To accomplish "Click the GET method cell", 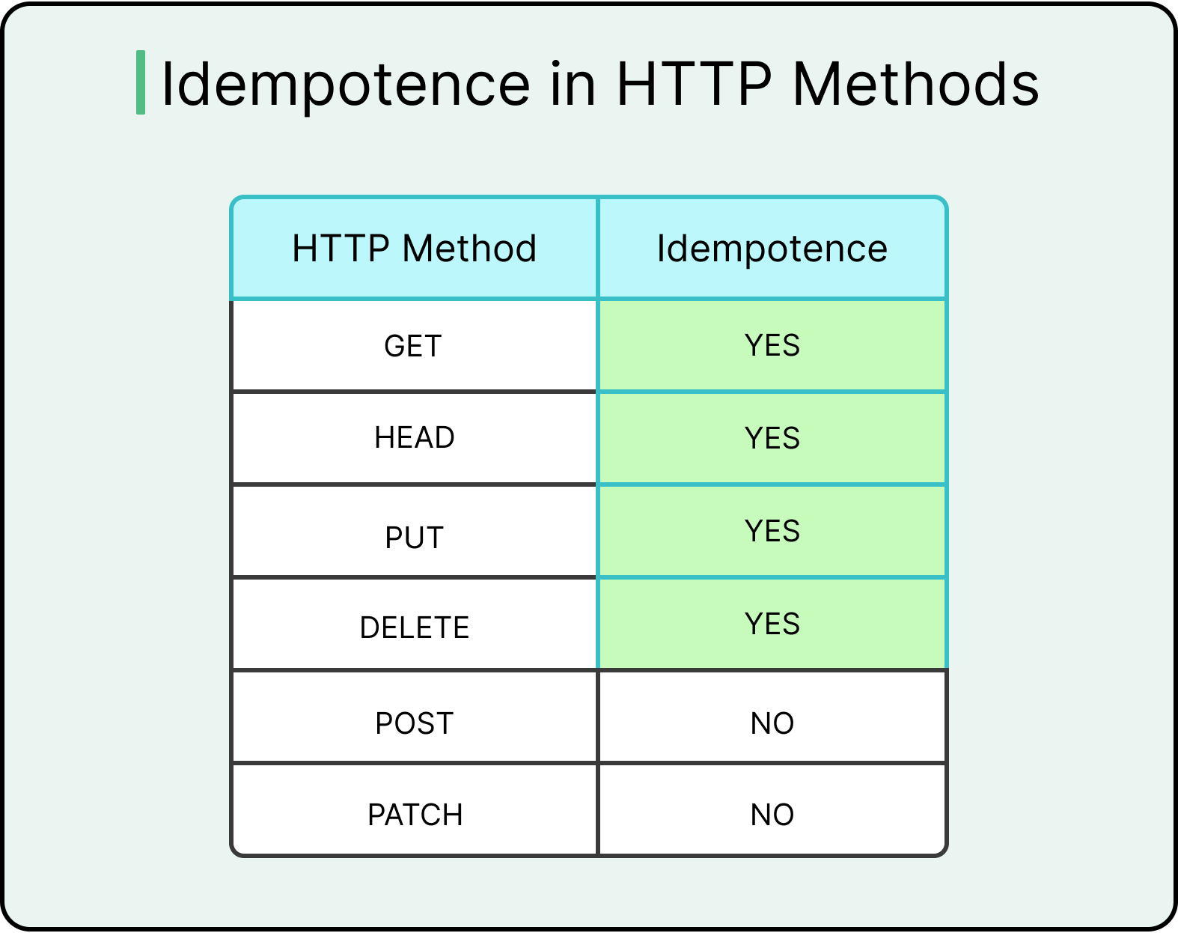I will pyautogui.click(x=413, y=346).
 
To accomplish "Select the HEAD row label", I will pyautogui.click(x=414, y=438).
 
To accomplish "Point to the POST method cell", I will pyautogui.click(x=414, y=723).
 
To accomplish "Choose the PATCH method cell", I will pyautogui.click(x=415, y=815).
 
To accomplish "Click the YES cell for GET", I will pyautogui.click(x=772, y=346).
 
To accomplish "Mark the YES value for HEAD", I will pyautogui.click(x=772, y=438).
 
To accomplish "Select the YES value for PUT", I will pyautogui.click(x=772, y=531).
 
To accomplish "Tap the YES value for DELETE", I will pyautogui.click(x=772, y=624).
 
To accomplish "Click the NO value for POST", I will pyautogui.click(x=772, y=723).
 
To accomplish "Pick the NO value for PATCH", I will pyautogui.click(x=772, y=815).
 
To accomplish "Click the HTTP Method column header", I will pyautogui.click(x=414, y=249).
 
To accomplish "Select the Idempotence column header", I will pyautogui.click(x=772, y=249).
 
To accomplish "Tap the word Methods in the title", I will pyautogui.click(x=915, y=84).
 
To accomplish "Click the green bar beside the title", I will pyautogui.click(x=141, y=83).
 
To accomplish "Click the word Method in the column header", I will pyautogui.click(x=469, y=249).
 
